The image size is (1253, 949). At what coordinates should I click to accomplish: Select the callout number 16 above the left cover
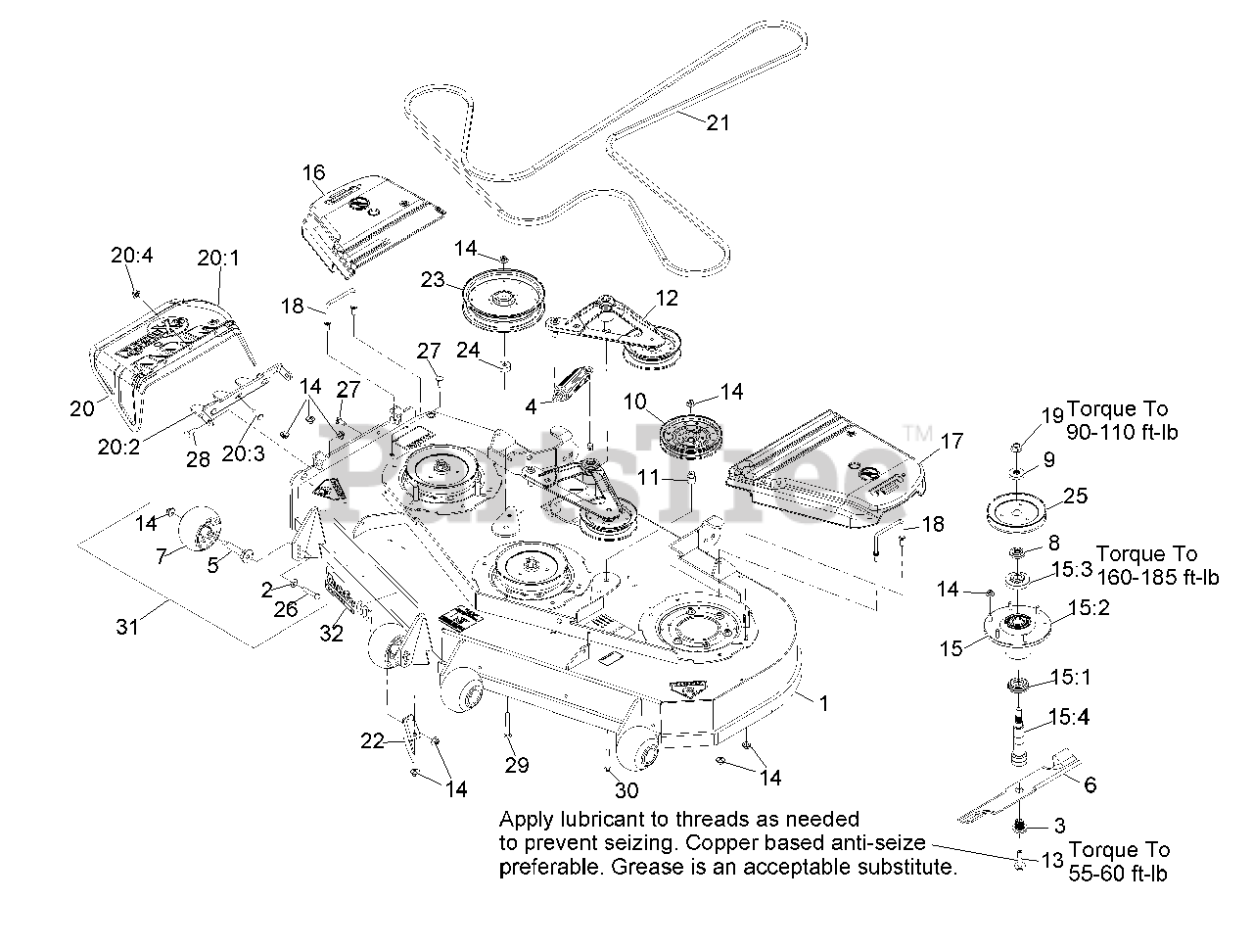click(313, 173)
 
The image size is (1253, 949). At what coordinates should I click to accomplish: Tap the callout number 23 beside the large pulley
click(433, 279)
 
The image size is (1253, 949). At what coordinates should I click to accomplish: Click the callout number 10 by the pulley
click(635, 401)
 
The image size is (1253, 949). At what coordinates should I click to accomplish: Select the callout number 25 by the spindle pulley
click(1075, 497)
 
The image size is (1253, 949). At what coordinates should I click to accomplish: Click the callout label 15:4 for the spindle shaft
click(1069, 717)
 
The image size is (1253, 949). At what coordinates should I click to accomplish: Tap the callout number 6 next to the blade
click(1090, 783)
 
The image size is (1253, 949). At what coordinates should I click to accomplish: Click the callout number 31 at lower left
click(128, 627)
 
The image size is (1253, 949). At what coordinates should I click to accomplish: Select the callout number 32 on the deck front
click(332, 634)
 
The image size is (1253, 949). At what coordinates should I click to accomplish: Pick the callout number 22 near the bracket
click(373, 740)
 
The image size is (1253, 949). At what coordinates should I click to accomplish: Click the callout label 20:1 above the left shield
click(217, 259)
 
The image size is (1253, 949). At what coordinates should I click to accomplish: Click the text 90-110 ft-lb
click(1121, 432)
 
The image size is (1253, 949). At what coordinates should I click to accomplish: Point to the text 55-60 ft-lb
click(1118, 873)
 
